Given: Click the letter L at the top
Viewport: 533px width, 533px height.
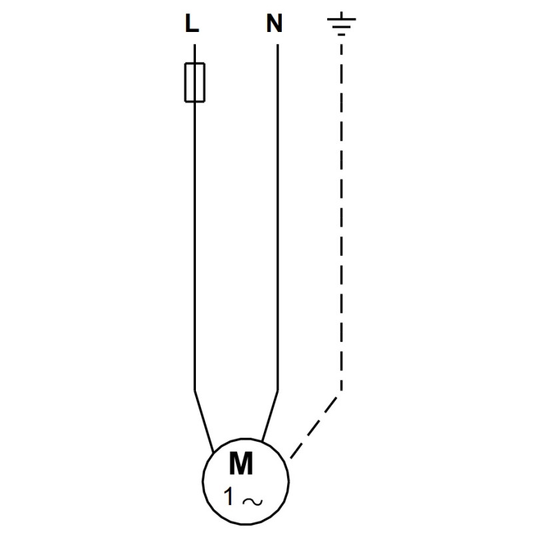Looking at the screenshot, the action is pyautogui.click(x=192, y=23).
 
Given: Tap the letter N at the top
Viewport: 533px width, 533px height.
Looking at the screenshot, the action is pyautogui.click(x=274, y=23).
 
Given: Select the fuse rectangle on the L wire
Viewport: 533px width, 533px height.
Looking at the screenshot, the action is pyautogui.click(x=195, y=82).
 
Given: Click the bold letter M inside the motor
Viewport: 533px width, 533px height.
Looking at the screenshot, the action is pyautogui.click(x=241, y=463).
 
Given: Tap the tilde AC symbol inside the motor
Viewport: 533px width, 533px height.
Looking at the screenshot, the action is pyautogui.click(x=253, y=502).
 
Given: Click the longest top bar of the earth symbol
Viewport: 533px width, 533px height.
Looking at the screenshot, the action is pyautogui.click(x=341, y=19).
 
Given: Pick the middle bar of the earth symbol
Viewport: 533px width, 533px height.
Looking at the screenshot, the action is pyautogui.click(x=341, y=27).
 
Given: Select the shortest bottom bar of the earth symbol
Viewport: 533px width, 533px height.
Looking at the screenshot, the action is pyautogui.click(x=342, y=35).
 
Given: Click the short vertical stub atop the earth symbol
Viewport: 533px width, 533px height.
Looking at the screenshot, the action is pyautogui.click(x=341, y=15).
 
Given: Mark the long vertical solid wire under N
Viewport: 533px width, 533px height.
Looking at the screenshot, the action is pyautogui.click(x=278, y=217).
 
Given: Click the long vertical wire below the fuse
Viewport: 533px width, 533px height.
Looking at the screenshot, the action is pyautogui.click(x=195, y=246).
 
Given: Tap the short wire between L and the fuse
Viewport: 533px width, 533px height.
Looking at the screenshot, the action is pyautogui.click(x=195, y=53).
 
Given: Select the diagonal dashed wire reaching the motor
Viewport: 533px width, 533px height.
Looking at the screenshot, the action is pyautogui.click(x=314, y=428).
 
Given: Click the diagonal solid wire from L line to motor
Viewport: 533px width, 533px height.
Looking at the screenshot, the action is pyautogui.click(x=204, y=422).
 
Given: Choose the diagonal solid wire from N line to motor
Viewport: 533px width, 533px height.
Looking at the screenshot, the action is pyautogui.click(x=270, y=416).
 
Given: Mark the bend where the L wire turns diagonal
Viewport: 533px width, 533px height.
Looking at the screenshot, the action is pyautogui.click(x=195, y=390).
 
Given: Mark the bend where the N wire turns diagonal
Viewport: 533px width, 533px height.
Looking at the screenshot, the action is pyautogui.click(x=278, y=390).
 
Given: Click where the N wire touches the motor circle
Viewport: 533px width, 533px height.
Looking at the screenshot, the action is pyautogui.click(x=262, y=441).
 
